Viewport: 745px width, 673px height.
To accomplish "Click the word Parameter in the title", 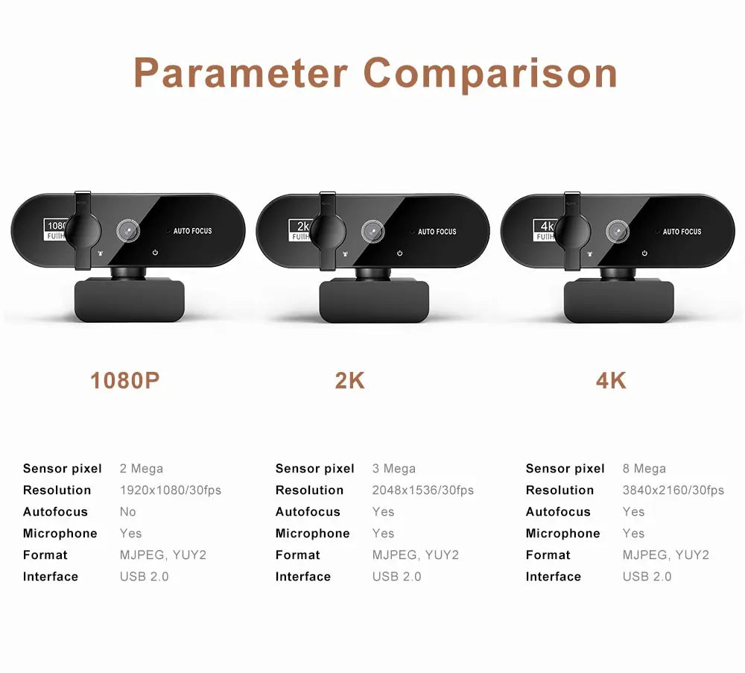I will click(241, 73).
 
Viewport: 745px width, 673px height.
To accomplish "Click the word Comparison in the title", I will click(490, 73).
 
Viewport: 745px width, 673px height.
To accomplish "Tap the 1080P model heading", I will click(125, 381).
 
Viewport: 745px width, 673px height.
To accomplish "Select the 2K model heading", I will click(349, 381).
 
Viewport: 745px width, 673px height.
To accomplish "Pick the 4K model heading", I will click(611, 381).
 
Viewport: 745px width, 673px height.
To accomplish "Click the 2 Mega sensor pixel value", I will click(141, 469).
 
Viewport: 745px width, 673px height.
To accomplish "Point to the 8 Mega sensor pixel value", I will click(644, 469).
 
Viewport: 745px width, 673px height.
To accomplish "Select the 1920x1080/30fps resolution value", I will click(170, 490).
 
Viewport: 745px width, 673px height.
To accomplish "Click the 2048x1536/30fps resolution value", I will click(422, 490).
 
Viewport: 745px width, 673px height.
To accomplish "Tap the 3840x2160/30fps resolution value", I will click(673, 490).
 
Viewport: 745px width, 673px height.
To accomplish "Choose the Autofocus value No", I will click(128, 512).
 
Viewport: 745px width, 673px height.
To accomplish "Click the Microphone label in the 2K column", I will click(312, 534).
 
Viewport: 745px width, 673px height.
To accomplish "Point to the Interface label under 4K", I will click(553, 577).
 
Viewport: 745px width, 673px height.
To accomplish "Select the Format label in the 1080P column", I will click(45, 555).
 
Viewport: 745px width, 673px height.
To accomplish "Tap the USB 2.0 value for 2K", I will click(396, 577).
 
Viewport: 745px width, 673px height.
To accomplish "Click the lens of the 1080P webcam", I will click(128, 231).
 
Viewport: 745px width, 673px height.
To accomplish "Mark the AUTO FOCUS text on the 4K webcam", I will click(682, 232).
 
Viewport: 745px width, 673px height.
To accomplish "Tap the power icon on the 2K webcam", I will click(399, 253).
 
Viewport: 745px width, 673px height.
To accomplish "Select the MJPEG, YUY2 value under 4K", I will click(665, 555).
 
